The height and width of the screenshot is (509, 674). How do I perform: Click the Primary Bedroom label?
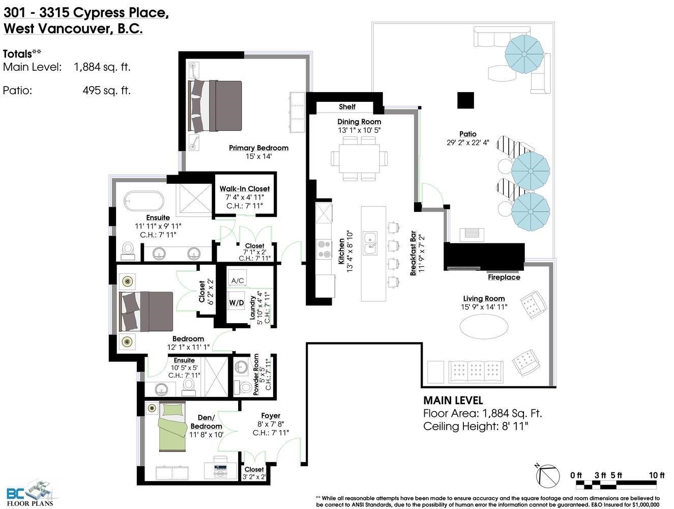(x=258, y=148)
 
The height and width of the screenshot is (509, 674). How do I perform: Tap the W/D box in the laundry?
(x=237, y=303)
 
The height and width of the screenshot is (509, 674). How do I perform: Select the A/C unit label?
(x=238, y=280)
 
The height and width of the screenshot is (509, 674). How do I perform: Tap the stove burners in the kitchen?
(x=324, y=249)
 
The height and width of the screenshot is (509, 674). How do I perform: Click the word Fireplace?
(x=504, y=277)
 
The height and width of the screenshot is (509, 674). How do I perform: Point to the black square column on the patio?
(x=465, y=100)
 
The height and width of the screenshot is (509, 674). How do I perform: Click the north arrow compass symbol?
(x=547, y=476)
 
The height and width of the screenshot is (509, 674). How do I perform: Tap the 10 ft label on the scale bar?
(x=657, y=475)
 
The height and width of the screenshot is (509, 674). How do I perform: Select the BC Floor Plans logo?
(x=30, y=494)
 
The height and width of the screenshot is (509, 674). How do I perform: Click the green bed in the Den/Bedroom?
(x=172, y=427)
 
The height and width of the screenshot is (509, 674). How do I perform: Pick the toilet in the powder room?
(x=244, y=387)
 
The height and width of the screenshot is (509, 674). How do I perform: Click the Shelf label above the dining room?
(x=347, y=107)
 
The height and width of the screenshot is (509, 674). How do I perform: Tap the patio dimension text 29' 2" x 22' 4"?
(x=467, y=143)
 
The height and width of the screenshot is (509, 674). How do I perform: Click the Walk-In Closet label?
(x=245, y=189)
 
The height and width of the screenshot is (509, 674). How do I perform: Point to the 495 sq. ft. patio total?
(x=106, y=91)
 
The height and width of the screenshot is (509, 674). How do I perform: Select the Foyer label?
(x=271, y=416)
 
